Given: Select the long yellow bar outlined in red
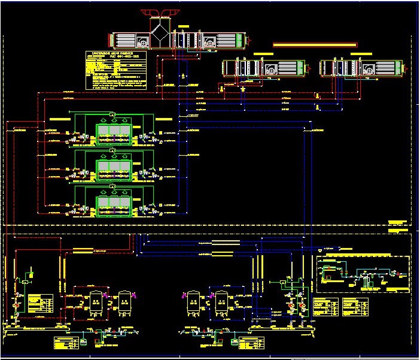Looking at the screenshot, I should pyautogui.click(x=315, y=44).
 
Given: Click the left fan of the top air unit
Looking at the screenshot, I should pyautogui.click(x=144, y=42).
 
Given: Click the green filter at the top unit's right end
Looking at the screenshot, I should pyautogui.click(x=239, y=40).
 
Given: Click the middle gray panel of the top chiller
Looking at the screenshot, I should pyautogui.click(x=112, y=132).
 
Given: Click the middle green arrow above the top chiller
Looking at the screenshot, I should pyautogui.click(x=112, y=114).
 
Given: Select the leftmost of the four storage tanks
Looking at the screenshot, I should pyautogui.click(x=95, y=302).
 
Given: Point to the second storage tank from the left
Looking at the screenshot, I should pyautogui.click(x=124, y=302).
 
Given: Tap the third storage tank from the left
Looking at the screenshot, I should pyautogui.click(x=193, y=302).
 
